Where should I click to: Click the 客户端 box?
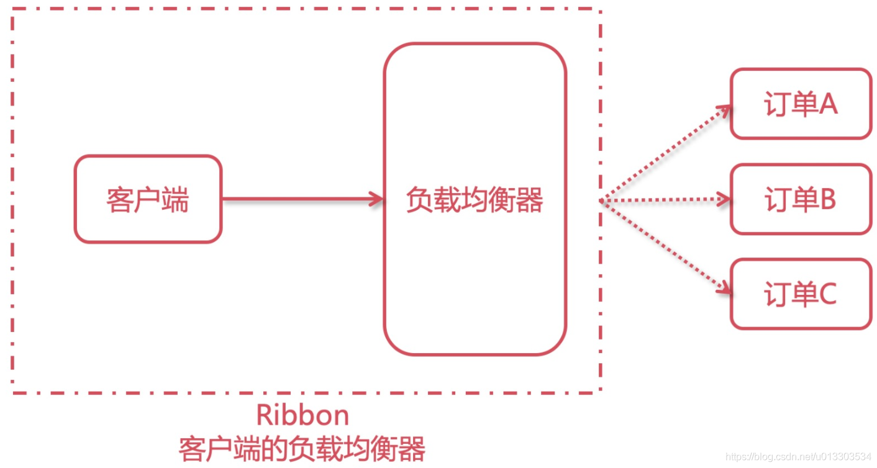click(x=148, y=199)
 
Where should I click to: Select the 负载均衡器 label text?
click(x=475, y=200)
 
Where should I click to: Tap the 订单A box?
click(x=801, y=104)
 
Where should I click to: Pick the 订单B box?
click(x=801, y=199)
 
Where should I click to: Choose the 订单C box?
click(x=801, y=294)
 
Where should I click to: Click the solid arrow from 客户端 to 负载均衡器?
click(x=298, y=199)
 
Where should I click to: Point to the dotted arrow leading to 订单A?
click(x=665, y=153)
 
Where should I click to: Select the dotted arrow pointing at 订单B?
click(x=665, y=200)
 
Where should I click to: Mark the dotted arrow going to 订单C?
click(x=665, y=246)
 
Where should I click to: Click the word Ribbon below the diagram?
click(x=302, y=415)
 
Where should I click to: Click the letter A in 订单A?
click(x=829, y=105)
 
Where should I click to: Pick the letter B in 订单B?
click(x=827, y=200)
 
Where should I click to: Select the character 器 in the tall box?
click(x=530, y=200)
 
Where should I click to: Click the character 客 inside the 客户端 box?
click(x=119, y=200)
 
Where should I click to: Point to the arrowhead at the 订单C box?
click(x=724, y=289)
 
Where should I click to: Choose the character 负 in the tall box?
click(x=419, y=200)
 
